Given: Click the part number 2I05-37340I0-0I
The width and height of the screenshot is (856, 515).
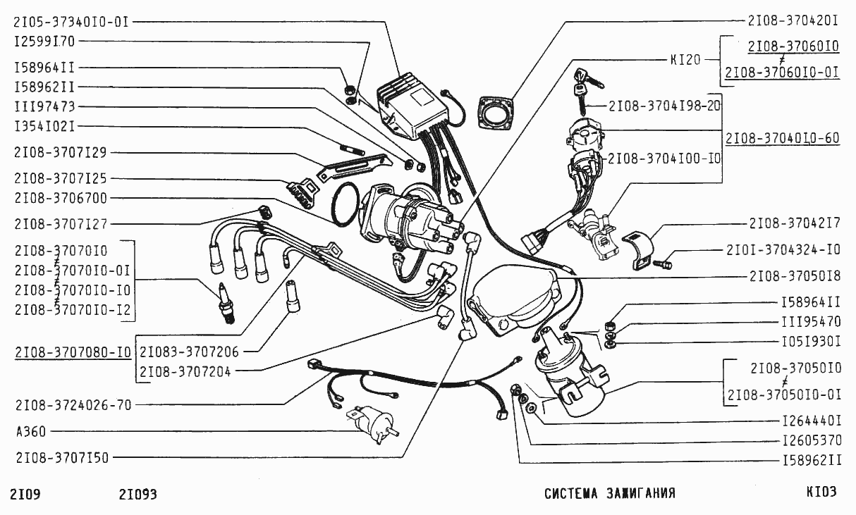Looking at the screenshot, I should [x=71, y=22].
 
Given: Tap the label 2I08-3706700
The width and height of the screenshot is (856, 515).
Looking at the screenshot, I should [x=61, y=198].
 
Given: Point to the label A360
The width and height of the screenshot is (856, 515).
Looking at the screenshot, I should [x=29, y=431].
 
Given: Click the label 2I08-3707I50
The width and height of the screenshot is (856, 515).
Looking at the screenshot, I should [x=62, y=457].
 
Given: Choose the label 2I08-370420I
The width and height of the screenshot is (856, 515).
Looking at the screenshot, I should [x=793, y=20].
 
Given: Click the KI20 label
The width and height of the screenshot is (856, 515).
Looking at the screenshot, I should [x=685, y=60].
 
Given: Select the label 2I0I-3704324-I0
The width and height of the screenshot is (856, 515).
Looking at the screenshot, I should [x=783, y=250].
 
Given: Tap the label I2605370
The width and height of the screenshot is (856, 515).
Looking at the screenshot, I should [x=812, y=441].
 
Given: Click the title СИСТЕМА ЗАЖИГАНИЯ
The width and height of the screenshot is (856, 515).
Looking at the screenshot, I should [x=609, y=494].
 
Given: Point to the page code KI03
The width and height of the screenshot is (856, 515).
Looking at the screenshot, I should [x=821, y=493].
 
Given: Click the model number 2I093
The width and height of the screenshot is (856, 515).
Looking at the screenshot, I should [x=138, y=495].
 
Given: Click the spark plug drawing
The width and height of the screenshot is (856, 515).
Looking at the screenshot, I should [x=226, y=303].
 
